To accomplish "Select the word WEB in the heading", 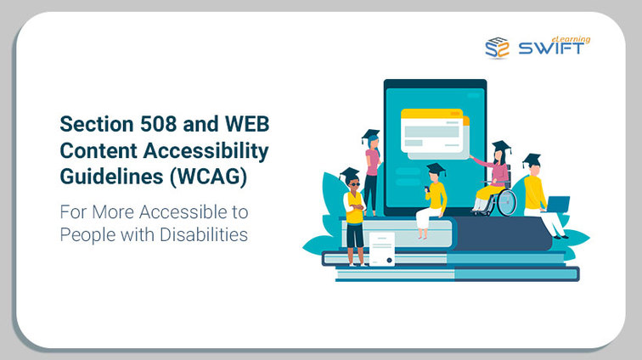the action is (x=247, y=124).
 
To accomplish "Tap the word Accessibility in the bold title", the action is (x=206, y=151).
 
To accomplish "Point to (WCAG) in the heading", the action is (x=208, y=177).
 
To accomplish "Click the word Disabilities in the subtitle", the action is (x=204, y=234).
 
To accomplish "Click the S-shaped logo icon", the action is (x=497, y=48).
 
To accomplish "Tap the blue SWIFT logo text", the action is (x=551, y=48).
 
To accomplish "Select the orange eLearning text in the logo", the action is (x=571, y=39).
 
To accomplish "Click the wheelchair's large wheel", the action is (x=507, y=202).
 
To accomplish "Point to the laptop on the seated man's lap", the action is (x=557, y=204).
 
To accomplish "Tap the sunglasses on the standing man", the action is (x=354, y=184).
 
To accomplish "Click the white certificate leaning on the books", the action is (x=382, y=249).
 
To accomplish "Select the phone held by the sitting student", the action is (x=426, y=189).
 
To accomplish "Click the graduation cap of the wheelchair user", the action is (x=501, y=147).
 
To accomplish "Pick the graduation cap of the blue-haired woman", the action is (x=370, y=135).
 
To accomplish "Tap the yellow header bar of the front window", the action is (x=431, y=113).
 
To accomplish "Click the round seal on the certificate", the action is (x=390, y=260).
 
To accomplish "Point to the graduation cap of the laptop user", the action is (x=532, y=160).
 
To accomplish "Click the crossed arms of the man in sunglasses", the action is (x=355, y=207).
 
